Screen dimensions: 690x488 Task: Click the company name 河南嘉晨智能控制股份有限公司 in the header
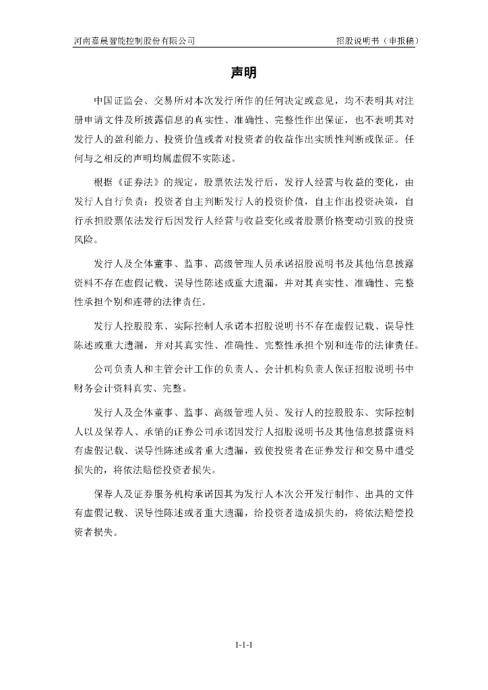pos(134,40)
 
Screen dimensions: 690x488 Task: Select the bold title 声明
pos(243,72)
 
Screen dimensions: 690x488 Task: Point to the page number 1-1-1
pos(243,645)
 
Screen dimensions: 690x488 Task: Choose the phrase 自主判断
pos(224,203)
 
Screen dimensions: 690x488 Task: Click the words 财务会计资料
pos(104,388)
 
